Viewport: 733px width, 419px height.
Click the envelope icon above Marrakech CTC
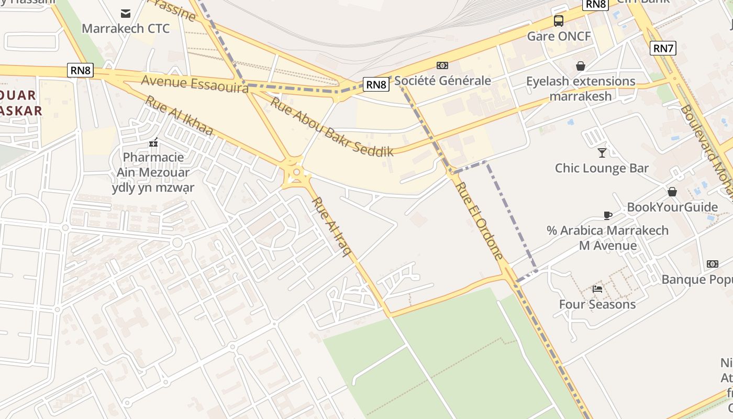click(x=126, y=13)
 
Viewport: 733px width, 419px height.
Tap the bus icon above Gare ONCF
click(x=559, y=21)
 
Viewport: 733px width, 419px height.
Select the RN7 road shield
click(x=663, y=49)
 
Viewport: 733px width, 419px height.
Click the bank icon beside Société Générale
click(x=442, y=65)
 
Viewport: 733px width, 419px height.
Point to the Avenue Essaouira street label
click(x=195, y=84)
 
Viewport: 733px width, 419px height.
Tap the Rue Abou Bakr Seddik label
click(x=331, y=127)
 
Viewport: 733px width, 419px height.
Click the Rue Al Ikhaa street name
click(x=179, y=116)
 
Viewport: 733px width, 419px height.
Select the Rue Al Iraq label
click(x=332, y=227)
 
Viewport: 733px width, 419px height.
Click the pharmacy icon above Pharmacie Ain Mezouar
click(x=153, y=142)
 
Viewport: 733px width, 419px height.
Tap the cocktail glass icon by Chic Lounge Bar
click(x=602, y=153)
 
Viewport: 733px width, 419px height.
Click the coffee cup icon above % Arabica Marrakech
click(x=607, y=215)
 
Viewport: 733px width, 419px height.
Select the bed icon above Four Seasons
click(x=597, y=289)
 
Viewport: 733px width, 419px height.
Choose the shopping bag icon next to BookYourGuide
click(x=672, y=192)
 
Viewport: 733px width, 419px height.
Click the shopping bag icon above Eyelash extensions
click(x=580, y=66)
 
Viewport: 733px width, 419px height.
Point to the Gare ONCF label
click(x=559, y=36)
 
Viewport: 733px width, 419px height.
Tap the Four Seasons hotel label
click(x=597, y=304)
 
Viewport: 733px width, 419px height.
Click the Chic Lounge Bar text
click(x=602, y=168)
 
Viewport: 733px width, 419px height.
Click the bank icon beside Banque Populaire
click(x=713, y=264)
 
